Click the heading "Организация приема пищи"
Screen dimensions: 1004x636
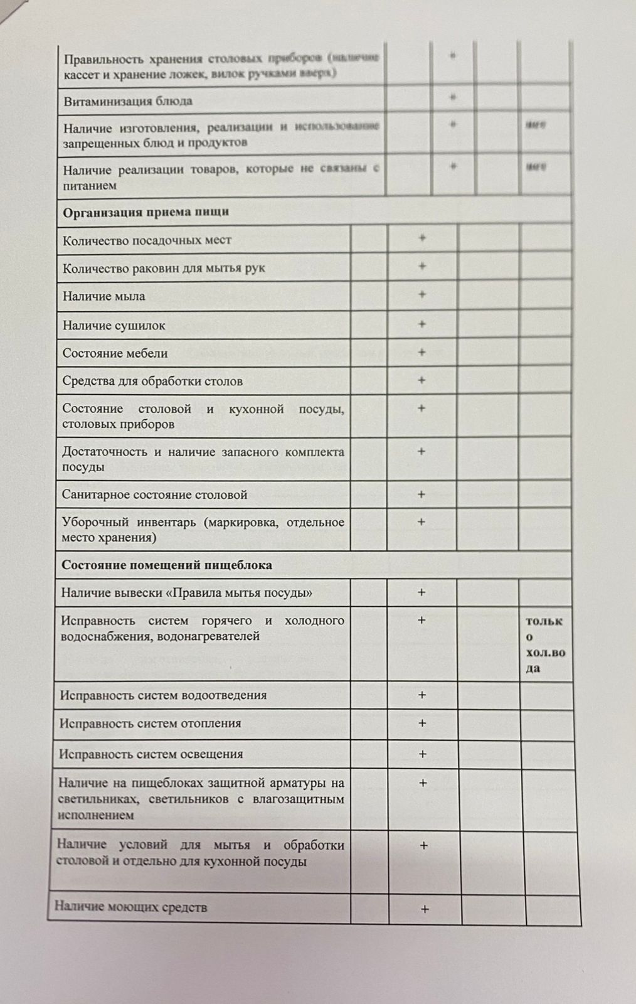[146, 212]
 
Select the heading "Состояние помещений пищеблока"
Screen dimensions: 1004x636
[166, 565]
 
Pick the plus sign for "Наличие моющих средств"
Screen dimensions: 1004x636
[425, 909]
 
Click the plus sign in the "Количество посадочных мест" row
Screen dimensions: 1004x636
[422, 238]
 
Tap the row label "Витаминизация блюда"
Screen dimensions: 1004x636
[127, 101]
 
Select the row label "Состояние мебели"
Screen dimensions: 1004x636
[115, 353]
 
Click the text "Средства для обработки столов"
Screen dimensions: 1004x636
[152, 381]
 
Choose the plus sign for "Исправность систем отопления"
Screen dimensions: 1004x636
[422, 723]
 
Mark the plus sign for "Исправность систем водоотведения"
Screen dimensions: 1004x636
[422, 695]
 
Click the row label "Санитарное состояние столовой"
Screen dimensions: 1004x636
[154, 494]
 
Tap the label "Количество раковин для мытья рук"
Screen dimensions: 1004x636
[164, 268]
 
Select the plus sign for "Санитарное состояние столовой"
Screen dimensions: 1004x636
[421, 494]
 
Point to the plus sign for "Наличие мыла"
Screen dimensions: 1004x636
[422, 294]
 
